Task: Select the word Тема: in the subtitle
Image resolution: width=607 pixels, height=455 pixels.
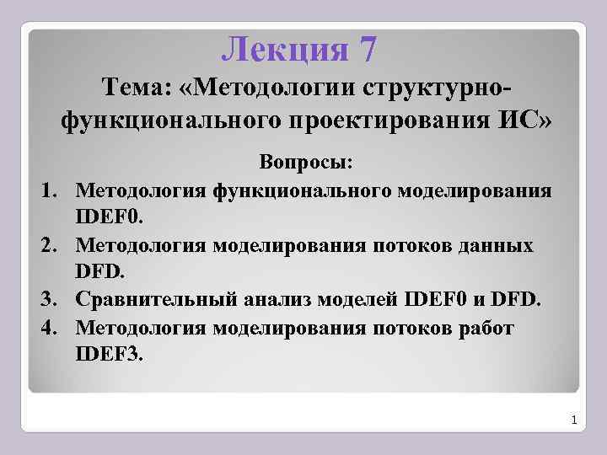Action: (138, 86)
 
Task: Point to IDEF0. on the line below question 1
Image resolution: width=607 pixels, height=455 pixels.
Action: (110, 217)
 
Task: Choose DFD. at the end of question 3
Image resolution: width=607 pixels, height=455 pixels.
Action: (522, 299)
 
